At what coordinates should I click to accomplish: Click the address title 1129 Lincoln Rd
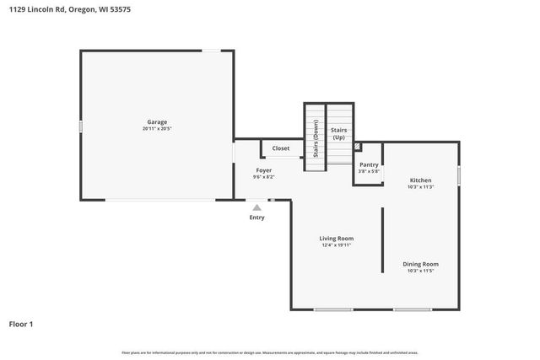(69, 9)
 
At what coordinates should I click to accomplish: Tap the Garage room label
(157, 122)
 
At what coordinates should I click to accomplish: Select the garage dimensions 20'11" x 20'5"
(157, 129)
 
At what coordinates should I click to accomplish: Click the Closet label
(281, 148)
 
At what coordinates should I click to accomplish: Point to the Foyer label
(264, 170)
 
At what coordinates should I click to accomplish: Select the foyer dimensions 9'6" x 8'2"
(264, 177)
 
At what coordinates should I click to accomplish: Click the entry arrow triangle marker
(257, 207)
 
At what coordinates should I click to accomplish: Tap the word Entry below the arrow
(256, 218)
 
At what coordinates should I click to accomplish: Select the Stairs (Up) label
(339, 133)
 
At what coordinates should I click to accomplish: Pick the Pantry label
(369, 164)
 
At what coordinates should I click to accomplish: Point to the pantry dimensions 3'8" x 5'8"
(369, 171)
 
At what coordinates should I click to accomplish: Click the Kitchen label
(420, 180)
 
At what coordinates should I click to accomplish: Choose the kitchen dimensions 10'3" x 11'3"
(420, 187)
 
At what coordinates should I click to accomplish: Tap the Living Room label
(336, 239)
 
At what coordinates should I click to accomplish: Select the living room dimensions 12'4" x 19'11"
(336, 245)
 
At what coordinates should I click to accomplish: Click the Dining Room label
(420, 264)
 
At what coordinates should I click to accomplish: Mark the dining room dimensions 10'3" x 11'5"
(420, 271)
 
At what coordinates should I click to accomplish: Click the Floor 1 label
(21, 324)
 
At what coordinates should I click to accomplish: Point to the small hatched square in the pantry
(358, 146)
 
